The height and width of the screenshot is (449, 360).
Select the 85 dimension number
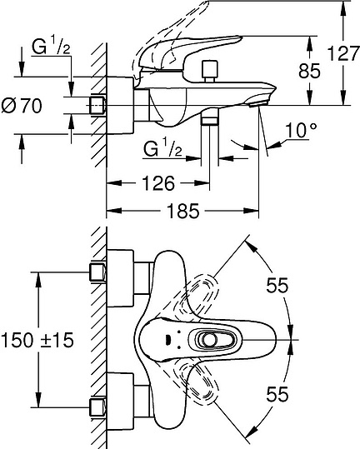(x=309, y=72)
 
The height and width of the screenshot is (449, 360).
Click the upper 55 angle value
(x=277, y=286)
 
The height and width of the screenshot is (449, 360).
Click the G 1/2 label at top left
(x=51, y=48)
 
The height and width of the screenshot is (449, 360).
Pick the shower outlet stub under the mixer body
(x=209, y=120)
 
